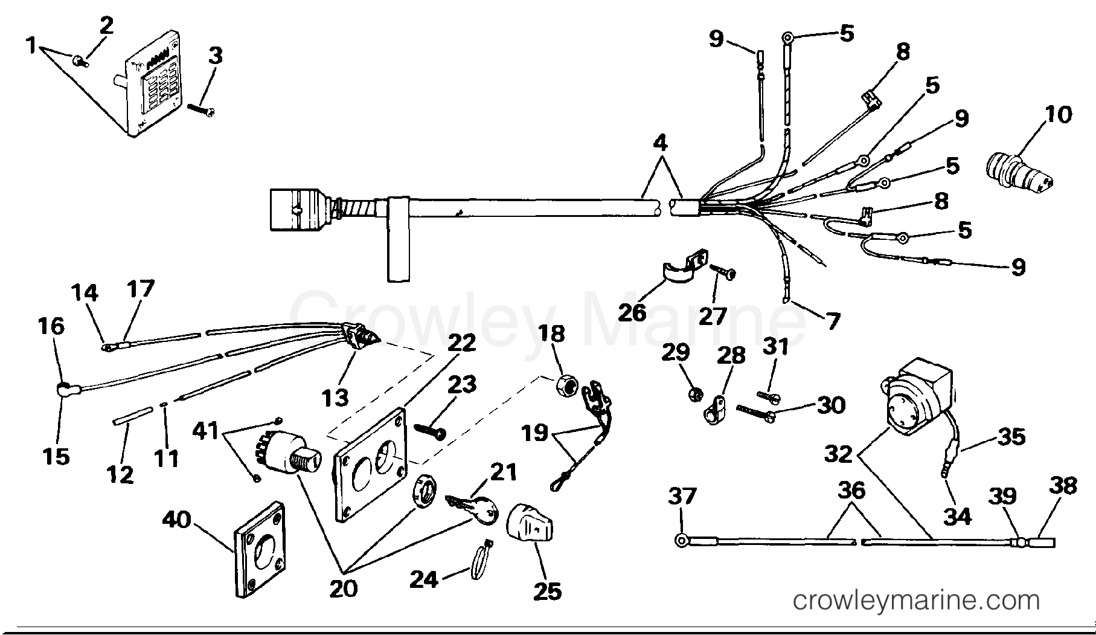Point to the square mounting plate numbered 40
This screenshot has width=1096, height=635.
(260, 549)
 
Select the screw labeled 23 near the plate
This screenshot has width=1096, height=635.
(430, 430)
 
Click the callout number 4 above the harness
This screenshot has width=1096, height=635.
(661, 144)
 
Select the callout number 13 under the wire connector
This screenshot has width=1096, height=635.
(335, 398)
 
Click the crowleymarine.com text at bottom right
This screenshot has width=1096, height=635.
(915, 601)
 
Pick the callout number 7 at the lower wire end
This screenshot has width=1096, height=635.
(833, 321)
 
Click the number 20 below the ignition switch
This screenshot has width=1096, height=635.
(343, 588)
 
